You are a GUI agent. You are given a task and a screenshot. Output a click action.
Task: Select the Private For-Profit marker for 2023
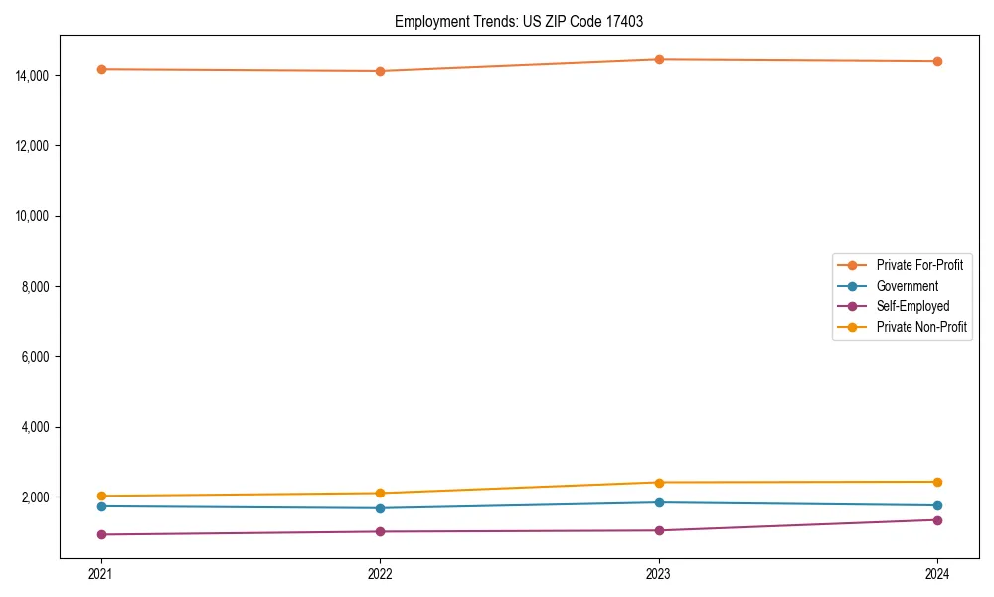tap(659, 59)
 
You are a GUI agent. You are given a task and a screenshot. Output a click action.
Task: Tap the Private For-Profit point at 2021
tap(100, 69)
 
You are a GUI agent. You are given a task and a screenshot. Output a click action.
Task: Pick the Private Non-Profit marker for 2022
tap(380, 493)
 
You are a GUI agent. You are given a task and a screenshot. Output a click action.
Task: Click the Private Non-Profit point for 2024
tap(937, 482)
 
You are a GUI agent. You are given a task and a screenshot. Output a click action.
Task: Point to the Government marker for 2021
tap(100, 506)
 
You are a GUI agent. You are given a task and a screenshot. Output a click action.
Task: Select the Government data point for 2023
tap(659, 502)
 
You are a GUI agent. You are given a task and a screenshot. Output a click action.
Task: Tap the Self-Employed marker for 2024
tap(937, 520)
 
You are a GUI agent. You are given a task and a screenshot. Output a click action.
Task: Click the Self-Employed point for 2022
tap(380, 531)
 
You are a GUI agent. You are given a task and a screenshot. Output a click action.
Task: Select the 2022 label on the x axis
tap(380, 573)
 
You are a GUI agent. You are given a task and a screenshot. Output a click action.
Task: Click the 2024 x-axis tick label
tap(937, 573)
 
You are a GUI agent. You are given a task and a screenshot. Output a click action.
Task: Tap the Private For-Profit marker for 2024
tap(937, 61)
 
